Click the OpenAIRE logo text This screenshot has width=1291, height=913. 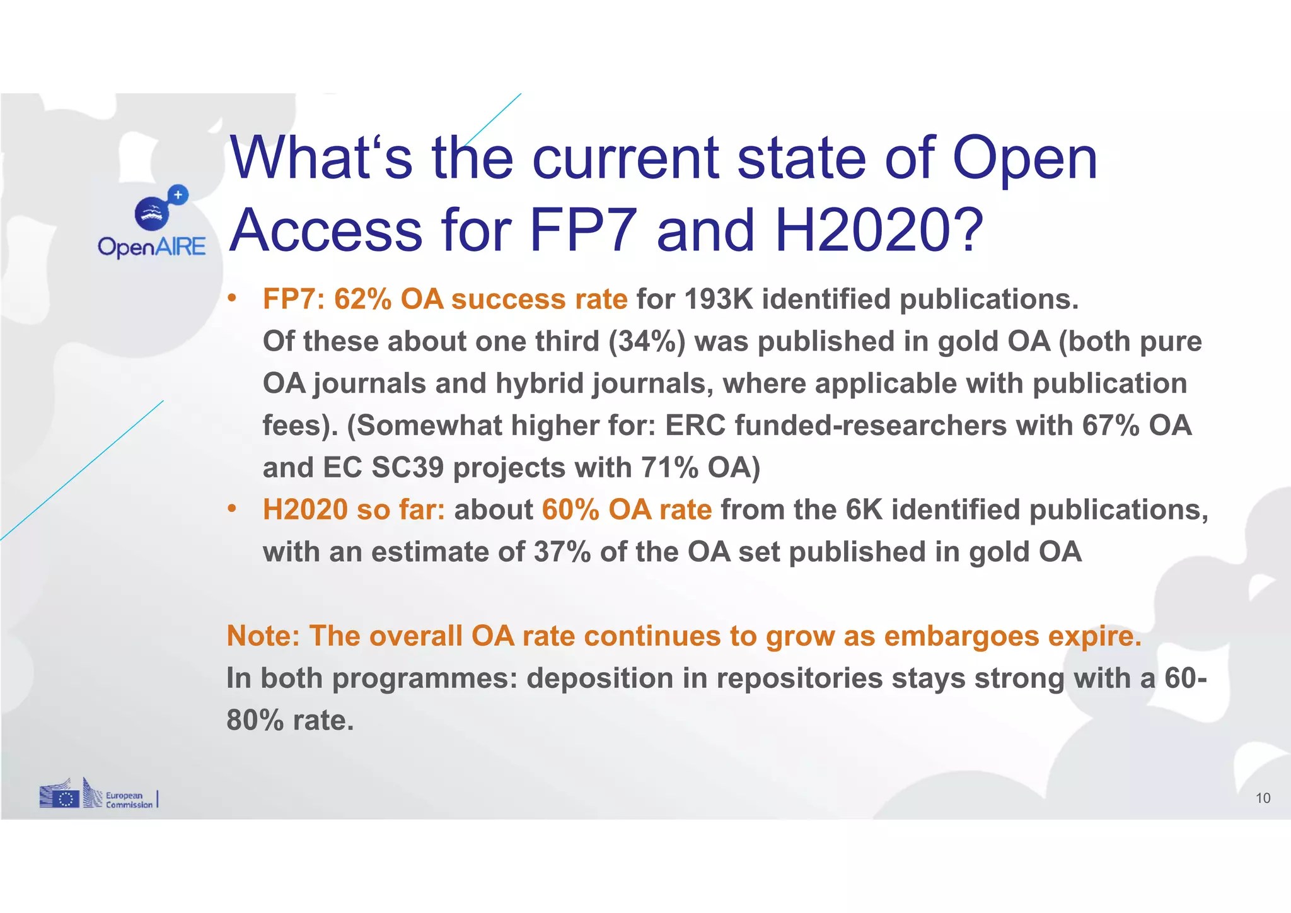click(x=152, y=247)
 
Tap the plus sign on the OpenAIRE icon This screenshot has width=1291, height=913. click(x=178, y=195)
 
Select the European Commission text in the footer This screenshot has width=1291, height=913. click(x=129, y=800)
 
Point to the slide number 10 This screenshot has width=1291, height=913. click(x=1263, y=798)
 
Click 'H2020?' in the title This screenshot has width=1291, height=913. click(x=879, y=230)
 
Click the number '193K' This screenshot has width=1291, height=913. click(x=718, y=299)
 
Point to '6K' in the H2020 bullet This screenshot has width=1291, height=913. click(x=864, y=509)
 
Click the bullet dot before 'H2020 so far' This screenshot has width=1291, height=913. click(x=232, y=508)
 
